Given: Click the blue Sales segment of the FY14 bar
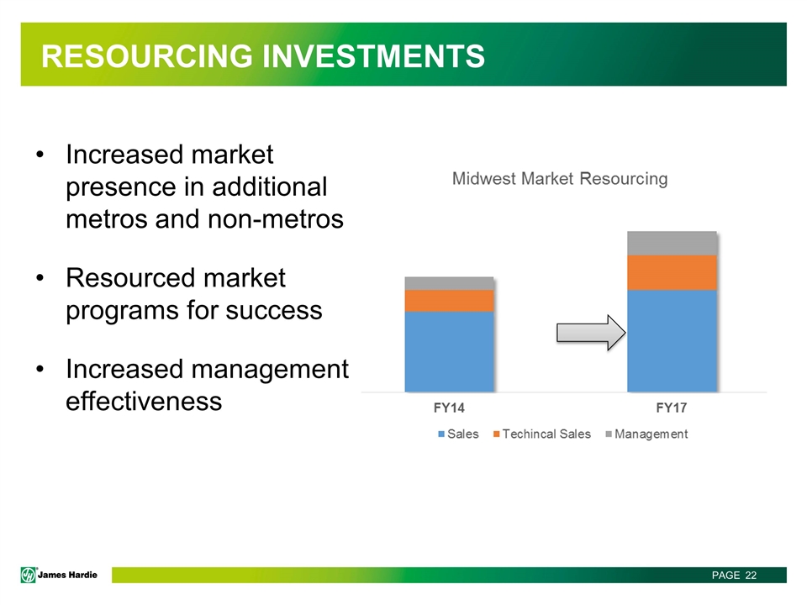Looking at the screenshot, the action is (x=449, y=352).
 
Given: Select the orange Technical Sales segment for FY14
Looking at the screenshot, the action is (x=449, y=301).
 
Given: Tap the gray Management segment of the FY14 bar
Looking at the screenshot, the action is (x=449, y=283).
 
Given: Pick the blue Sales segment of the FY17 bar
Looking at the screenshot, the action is (x=672, y=341).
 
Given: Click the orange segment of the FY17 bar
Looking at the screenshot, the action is (x=672, y=273).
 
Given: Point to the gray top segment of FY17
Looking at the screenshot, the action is (x=672, y=244).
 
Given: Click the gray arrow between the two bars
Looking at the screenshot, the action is (x=591, y=333).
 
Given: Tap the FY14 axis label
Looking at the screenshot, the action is (x=449, y=408).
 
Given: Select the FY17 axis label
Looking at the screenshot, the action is (x=672, y=408).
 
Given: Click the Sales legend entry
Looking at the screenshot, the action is (x=459, y=434).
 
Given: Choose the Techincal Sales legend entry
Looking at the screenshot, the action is (x=542, y=434).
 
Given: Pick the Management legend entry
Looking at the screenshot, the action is (x=647, y=434).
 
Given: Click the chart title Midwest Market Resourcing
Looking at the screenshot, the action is (x=560, y=178).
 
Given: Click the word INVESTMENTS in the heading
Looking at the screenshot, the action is (x=373, y=55).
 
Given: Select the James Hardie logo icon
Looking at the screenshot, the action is (x=29, y=575).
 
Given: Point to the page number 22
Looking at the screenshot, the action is (x=751, y=575).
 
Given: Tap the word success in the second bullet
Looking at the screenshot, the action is (x=274, y=311).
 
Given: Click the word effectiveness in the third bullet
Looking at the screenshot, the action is (x=144, y=402).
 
